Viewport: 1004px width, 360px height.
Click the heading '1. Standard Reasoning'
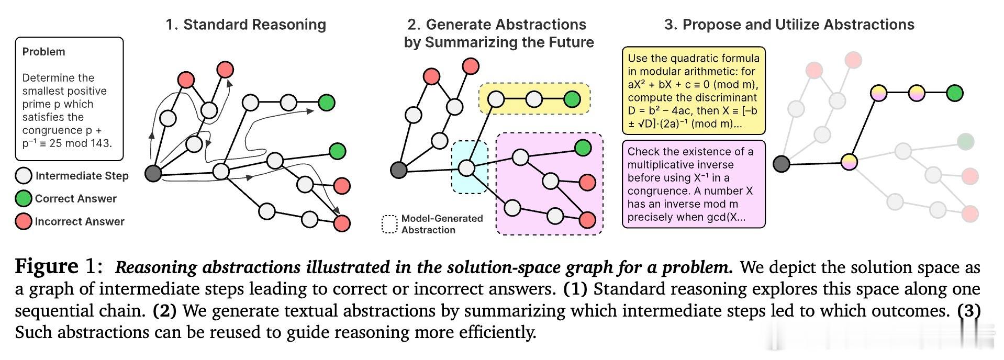[x=246, y=25]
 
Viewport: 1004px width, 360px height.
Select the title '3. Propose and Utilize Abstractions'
[x=789, y=25]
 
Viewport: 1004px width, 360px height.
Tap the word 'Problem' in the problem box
[x=43, y=52]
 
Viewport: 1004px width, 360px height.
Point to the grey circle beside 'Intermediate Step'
[x=24, y=176]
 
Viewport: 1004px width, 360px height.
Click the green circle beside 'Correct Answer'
[x=24, y=199]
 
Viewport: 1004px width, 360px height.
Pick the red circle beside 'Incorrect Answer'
[x=24, y=221]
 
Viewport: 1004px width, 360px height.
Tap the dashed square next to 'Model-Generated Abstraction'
[x=389, y=224]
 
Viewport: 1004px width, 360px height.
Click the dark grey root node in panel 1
[x=153, y=173]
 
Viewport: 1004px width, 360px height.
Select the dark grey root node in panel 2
[x=399, y=170]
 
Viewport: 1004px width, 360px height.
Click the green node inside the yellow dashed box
[x=572, y=99]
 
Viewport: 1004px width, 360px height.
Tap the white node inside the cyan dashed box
[x=466, y=168]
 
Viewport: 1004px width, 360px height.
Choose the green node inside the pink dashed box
[x=583, y=148]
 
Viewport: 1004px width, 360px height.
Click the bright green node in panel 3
[x=955, y=93]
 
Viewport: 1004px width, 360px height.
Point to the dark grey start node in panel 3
[x=782, y=164]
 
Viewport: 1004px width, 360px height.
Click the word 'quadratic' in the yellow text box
[x=692, y=58]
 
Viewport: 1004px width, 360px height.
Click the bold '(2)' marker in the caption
[x=164, y=311]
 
